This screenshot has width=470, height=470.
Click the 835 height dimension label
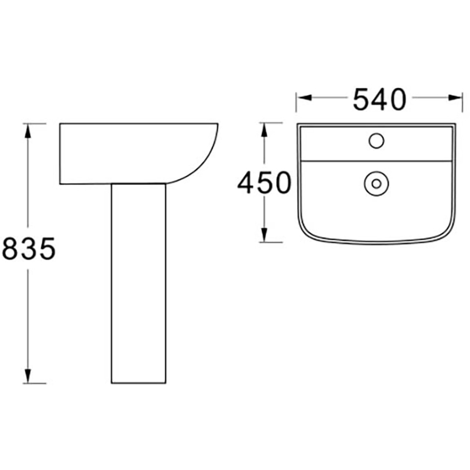point(29,248)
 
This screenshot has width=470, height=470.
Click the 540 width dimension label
point(379,99)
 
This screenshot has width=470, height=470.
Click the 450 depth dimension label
point(264,182)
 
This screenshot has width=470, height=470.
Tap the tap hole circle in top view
point(376,141)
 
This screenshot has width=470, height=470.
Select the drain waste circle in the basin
point(376,183)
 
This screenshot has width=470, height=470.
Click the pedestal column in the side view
point(138,283)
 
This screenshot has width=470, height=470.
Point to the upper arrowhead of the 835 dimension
point(28,131)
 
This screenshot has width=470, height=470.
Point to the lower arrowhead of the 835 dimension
point(28,376)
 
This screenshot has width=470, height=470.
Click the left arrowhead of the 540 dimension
point(304,98)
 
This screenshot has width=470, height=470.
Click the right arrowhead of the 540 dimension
point(455,98)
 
